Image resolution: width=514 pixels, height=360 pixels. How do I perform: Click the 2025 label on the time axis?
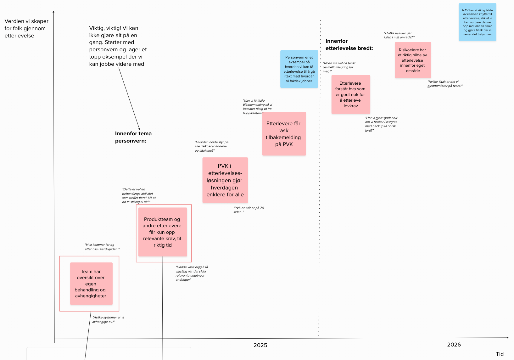(260, 345)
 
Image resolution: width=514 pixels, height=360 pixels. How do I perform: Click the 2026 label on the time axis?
(454, 345)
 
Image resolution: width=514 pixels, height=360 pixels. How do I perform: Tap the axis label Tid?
(500, 354)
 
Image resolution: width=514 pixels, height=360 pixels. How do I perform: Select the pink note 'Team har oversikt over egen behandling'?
(91, 284)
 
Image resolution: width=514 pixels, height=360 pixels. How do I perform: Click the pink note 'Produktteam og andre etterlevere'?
(163, 232)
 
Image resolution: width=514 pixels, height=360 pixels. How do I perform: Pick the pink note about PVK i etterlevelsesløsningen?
(225, 180)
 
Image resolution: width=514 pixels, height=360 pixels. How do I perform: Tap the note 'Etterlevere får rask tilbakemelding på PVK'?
(284, 134)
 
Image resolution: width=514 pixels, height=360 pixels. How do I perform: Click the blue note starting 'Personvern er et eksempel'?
(299, 69)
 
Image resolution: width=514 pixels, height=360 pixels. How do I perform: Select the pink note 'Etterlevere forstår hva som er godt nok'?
(350, 94)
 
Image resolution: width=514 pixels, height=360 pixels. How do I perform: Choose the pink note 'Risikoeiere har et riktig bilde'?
(413, 60)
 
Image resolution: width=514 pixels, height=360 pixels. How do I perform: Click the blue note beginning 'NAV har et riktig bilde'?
(477, 22)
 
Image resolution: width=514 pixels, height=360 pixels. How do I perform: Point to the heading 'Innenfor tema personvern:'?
(133, 137)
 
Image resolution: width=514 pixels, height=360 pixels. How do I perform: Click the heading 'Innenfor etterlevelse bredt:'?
(349, 45)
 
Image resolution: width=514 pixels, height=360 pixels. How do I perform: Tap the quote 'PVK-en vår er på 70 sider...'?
(249, 210)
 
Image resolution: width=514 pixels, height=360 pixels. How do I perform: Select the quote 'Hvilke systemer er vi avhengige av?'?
(108, 320)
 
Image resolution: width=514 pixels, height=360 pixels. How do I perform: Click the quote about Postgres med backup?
(381, 124)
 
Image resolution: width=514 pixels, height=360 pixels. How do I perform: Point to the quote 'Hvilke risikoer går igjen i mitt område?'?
(399, 35)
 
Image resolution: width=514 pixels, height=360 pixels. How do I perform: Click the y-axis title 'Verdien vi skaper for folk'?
(26, 28)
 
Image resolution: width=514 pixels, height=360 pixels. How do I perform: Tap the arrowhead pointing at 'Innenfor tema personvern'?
(139, 128)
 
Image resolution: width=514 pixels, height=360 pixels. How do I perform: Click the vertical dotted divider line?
(320, 189)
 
